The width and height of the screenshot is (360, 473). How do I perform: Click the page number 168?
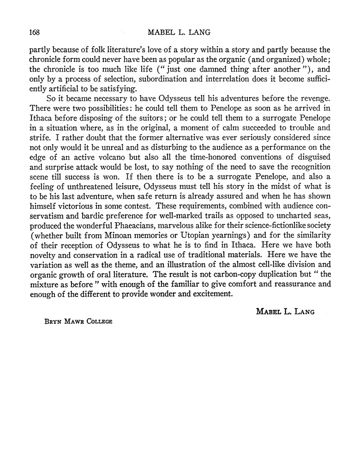click(35, 32)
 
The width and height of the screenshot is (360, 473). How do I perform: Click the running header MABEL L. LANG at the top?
click(180, 32)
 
